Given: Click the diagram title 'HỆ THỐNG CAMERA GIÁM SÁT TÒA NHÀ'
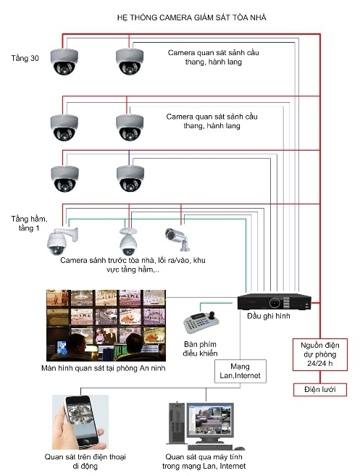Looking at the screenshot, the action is (191, 17).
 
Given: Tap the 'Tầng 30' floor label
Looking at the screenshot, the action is (25, 58).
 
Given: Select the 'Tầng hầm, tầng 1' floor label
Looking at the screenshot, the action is (29, 223).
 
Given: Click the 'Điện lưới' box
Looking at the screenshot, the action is (320, 390).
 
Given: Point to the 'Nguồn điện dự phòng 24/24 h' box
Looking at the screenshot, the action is (320, 354).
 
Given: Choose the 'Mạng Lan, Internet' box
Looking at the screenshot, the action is (240, 371).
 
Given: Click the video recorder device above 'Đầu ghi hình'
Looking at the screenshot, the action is (274, 301).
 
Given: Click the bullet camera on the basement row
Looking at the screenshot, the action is (177, 239).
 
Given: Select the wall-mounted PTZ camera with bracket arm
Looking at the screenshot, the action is (62, 241).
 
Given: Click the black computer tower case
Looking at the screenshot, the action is (176, 422).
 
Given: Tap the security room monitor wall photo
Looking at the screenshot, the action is (106, 325).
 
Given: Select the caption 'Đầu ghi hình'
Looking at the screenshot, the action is (268, 316).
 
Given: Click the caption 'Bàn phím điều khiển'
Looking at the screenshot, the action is (201, 348).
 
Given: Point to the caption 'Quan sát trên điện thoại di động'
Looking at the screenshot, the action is (85, 461).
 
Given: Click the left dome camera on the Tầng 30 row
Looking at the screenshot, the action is (64, 62).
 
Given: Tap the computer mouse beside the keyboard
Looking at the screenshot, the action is (240, 448).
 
